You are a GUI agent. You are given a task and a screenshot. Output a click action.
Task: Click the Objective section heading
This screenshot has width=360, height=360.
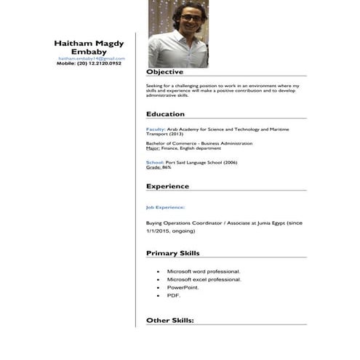coord(164,72)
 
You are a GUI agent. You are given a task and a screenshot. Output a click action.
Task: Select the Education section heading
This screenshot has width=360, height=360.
coord(165,114)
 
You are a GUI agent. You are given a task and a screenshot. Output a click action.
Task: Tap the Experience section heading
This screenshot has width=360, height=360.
coord(167,186)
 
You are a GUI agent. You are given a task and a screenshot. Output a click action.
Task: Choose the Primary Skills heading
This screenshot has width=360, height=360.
coord(172,253)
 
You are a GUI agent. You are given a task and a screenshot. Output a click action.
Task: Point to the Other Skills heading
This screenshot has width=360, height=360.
coord(170,320)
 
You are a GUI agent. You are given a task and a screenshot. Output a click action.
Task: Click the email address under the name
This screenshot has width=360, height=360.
coord(92,58)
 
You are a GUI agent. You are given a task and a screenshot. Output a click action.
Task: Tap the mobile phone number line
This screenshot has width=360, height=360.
coord(89,64)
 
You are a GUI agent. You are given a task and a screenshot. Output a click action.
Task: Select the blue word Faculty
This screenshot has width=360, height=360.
coord(156,128)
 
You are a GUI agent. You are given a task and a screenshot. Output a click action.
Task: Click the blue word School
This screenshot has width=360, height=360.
coord(154,161)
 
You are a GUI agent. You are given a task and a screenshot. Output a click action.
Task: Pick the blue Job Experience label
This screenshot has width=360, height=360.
coord(165,207)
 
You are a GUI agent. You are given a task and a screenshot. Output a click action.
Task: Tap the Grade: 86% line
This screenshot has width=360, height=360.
coord(159,167)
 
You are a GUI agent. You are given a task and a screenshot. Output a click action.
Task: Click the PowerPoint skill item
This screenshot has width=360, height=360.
coord(183,287)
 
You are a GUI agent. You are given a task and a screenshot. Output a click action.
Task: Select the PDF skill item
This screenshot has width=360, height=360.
coord(173,295)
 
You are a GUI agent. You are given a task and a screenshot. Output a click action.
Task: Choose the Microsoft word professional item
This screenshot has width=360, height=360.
coord(203,271)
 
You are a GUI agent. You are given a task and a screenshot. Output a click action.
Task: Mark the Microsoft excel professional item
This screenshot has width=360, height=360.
coord(204,279)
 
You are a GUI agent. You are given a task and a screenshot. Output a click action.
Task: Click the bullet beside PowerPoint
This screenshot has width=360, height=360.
coord(159,287)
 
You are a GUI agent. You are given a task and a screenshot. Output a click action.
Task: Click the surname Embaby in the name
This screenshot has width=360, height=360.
coord(92,52)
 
